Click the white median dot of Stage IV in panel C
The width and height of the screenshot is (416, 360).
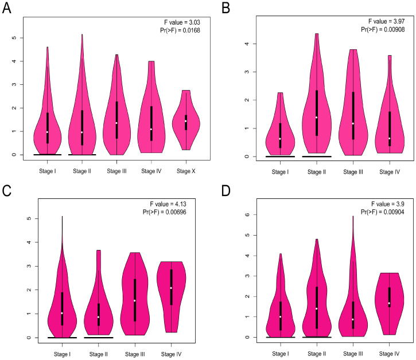(171, 288)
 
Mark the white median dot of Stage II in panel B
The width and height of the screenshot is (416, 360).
(316, 118)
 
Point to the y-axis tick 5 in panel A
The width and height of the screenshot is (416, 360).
(13, 37)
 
